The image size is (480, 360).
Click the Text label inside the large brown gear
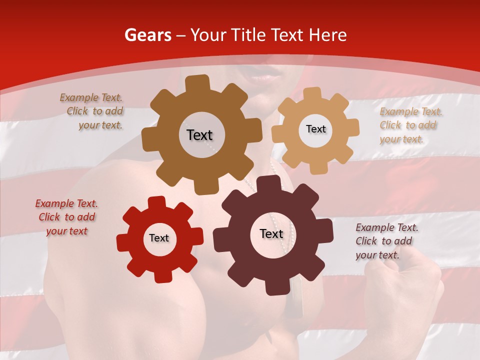(x=199, y=135)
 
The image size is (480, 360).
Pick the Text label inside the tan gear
(x=315, y=129)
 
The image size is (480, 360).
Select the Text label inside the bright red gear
(x=159, y=238)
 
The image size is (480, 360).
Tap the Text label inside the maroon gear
(x=271, y=233)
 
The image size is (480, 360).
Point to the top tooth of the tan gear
(x=312, y=93)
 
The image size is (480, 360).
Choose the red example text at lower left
(x=66, y=217)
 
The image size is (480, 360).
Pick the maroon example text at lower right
(x=385, y=241)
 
